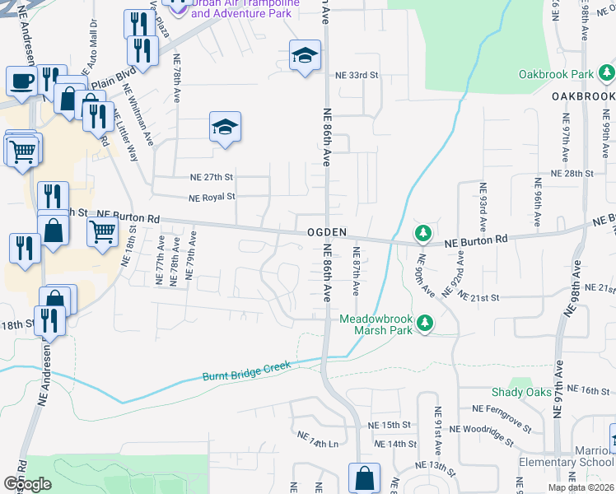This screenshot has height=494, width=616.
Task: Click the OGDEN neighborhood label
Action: coord(326,232)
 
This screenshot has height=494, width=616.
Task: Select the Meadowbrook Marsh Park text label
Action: coord(376,324)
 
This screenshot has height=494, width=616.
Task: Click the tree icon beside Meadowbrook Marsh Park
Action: coord(424,323)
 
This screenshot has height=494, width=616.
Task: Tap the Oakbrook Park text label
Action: coord(556,74)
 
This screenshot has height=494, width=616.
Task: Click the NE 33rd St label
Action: coord(356,75)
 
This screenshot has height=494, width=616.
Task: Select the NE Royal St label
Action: coord(212,198)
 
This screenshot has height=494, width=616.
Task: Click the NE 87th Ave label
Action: coord(357,272)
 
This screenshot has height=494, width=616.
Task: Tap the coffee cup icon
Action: coord(21,82)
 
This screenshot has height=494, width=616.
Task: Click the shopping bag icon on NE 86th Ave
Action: coord(363,477)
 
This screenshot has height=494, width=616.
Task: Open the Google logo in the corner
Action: coord(27,484)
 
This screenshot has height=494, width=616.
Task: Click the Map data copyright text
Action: coord(581,487)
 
